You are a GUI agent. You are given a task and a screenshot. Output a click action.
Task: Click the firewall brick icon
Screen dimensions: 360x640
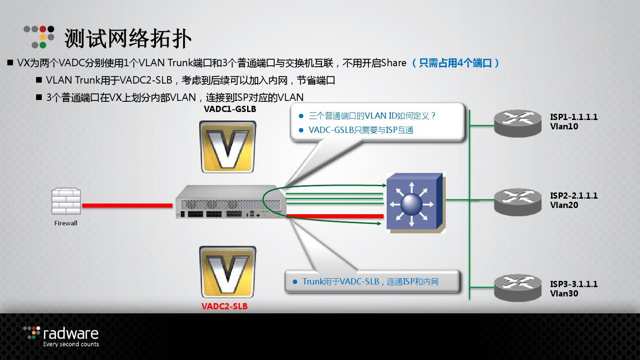66,202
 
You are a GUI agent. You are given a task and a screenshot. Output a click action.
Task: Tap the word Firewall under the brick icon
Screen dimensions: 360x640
66,223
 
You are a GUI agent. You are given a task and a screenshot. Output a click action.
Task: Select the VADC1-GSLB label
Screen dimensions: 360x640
230,109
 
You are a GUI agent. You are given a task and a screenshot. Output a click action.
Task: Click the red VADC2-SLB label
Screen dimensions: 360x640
224,306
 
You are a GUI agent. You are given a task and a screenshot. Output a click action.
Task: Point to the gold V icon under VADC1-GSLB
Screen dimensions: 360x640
228,147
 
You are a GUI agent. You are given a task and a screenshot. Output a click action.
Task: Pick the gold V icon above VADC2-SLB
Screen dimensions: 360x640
228,272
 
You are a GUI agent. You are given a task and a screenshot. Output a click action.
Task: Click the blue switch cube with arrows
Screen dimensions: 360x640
415,203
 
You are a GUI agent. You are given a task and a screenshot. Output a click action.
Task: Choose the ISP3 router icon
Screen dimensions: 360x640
518,287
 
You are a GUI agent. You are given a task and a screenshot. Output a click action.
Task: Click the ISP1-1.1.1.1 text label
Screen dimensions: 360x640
574,117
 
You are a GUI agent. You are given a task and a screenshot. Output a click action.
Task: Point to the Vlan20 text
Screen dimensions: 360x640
564,205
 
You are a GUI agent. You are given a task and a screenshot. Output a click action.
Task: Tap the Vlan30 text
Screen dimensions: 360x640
564,294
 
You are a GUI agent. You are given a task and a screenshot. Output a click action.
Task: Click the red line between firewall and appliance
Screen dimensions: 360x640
127,205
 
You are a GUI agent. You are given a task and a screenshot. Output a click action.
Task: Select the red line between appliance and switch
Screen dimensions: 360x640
335,216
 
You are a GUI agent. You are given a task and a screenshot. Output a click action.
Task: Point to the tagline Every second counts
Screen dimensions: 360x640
71,344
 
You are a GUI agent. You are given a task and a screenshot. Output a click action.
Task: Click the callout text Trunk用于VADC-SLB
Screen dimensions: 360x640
340,281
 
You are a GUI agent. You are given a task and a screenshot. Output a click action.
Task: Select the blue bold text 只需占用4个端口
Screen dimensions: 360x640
456,63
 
